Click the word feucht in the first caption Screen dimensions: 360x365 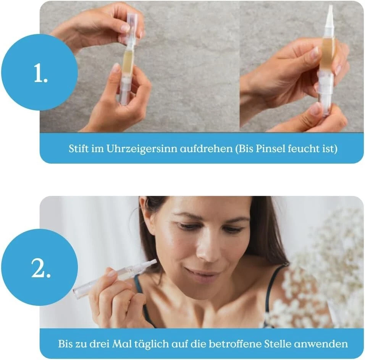(x=300, y=149)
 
